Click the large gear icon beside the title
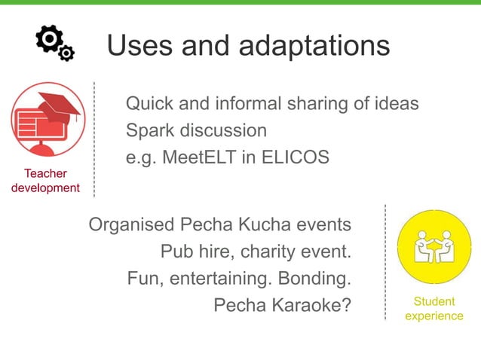point(49,38)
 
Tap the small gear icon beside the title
point(66,53)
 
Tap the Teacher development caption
point(45,181)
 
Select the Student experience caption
point(434,309)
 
